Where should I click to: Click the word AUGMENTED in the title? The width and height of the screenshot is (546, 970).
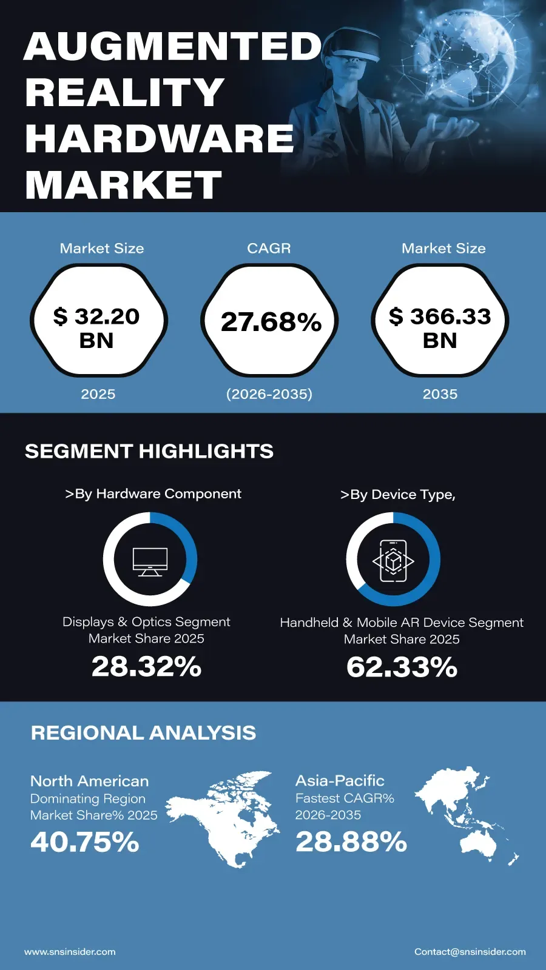coord(173,46)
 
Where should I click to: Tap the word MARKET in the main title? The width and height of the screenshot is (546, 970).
coord(124,185)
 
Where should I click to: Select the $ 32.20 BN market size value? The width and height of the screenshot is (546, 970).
coord(96,328)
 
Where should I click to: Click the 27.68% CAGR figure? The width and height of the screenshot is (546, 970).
coord(271,322)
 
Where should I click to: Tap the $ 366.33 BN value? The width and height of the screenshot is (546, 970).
coord(440,328)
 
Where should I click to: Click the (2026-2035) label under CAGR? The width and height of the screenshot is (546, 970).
coord(269,394)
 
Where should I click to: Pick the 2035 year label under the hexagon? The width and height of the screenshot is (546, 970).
coord(440,394)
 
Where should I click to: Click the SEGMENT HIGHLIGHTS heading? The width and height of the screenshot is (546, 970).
coord(149,451)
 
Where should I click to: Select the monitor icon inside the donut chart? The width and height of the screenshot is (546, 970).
coord(150,561)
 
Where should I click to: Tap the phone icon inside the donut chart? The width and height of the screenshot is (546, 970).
coord(393,561)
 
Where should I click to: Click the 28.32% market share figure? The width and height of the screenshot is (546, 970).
coord(146,666)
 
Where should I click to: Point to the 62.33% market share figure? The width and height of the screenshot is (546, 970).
coord(402,667)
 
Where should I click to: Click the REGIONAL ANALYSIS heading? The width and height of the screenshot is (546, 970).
coord(143,733)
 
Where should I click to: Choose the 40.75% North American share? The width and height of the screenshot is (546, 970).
coord(84,843)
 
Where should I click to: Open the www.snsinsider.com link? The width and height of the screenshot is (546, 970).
coord(70,952)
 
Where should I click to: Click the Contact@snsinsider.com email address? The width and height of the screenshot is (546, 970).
coord(470,952)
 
